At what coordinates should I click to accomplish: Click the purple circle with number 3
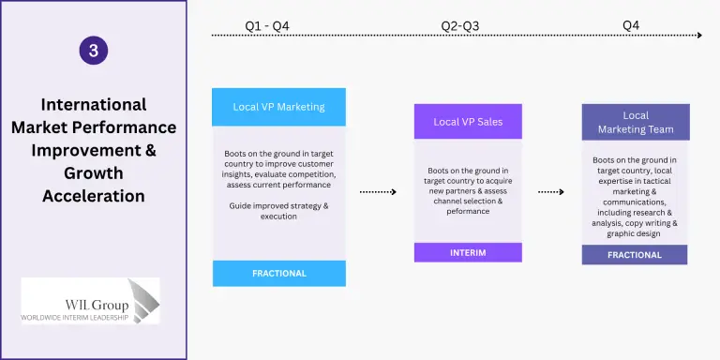click(93, 50)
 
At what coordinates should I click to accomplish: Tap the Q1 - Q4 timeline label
click(267, 26)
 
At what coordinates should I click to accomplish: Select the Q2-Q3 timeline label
click(460, 26)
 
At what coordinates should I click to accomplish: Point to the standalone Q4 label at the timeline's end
click(631, 25)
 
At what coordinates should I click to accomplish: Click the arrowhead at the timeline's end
click(699, 35)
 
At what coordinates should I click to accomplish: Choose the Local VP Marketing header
click(278, 107)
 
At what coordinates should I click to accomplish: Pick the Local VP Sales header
click(468, 122)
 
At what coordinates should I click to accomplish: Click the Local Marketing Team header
click(636, 122)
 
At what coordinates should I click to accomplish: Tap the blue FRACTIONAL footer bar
click(279, 273)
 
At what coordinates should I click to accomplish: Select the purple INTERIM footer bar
click(468, 252)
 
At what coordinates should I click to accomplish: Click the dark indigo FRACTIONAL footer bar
click(635, 255)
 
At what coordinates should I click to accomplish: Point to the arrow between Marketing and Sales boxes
click(378, 192)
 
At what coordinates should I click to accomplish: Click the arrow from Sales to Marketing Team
click(551, 192)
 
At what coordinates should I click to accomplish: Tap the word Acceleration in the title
click(94, 196)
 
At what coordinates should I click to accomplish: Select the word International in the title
click(94, 105)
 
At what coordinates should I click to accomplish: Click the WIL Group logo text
click(97, 305)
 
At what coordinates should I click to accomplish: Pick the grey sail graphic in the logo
click(143, 300)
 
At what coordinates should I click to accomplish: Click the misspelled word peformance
click(468, 212)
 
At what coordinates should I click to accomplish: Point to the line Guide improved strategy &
click(278, 205)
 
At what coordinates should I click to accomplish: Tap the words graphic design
click(634, 233)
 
